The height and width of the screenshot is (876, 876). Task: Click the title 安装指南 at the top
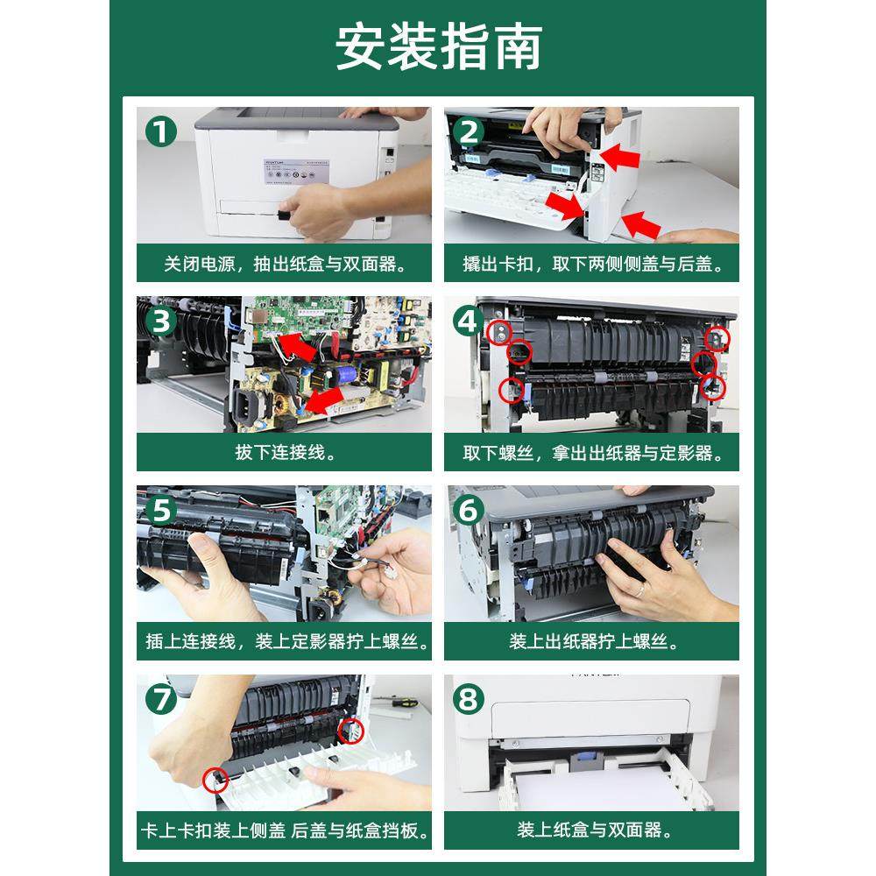coord(439,47)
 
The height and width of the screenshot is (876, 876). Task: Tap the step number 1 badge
coord(161,132)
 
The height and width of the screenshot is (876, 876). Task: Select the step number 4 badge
coord(469,321)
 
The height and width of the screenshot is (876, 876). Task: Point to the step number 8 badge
coord(469,698)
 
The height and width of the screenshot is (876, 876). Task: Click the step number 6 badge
coord(469,510)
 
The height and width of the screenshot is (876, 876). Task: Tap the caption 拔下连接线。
coord(285,452)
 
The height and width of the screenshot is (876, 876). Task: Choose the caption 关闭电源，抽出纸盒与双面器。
coord(285,263)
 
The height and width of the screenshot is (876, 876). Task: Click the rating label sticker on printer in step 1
coord(296,171)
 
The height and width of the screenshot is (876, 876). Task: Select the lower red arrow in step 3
coord(324,400)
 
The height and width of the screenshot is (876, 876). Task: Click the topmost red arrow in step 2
coord(619,156)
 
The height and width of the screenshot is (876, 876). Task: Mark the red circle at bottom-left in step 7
coord(215,780)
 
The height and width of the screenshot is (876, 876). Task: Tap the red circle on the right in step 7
coord(350,731)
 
